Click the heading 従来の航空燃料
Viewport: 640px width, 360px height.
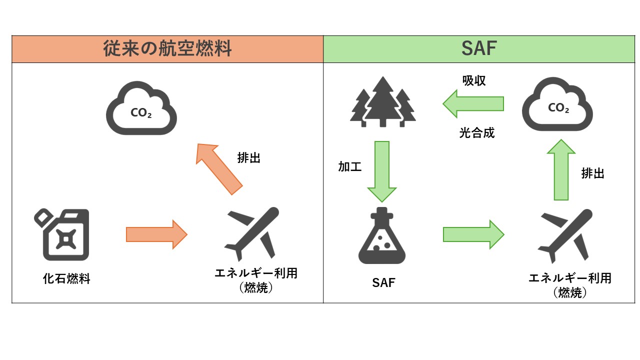(x=167, y=49)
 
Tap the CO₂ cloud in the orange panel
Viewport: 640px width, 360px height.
(x=141, y=108)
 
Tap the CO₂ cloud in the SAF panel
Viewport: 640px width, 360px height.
(x=557, y=106)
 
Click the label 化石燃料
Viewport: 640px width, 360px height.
(x=66, y=279)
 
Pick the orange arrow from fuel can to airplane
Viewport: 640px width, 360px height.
(x=156, y=234)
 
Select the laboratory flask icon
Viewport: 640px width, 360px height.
(x=382, y=236)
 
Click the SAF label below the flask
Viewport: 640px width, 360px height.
(x=383, y=283)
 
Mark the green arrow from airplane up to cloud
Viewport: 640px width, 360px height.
(x=561, y=170)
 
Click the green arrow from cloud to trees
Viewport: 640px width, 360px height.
(x=473, y=103)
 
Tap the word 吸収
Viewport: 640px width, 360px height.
(x=474, y=80)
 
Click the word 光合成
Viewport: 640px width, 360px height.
(x=477, y=133)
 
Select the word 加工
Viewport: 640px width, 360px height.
(x=349, y=167)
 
